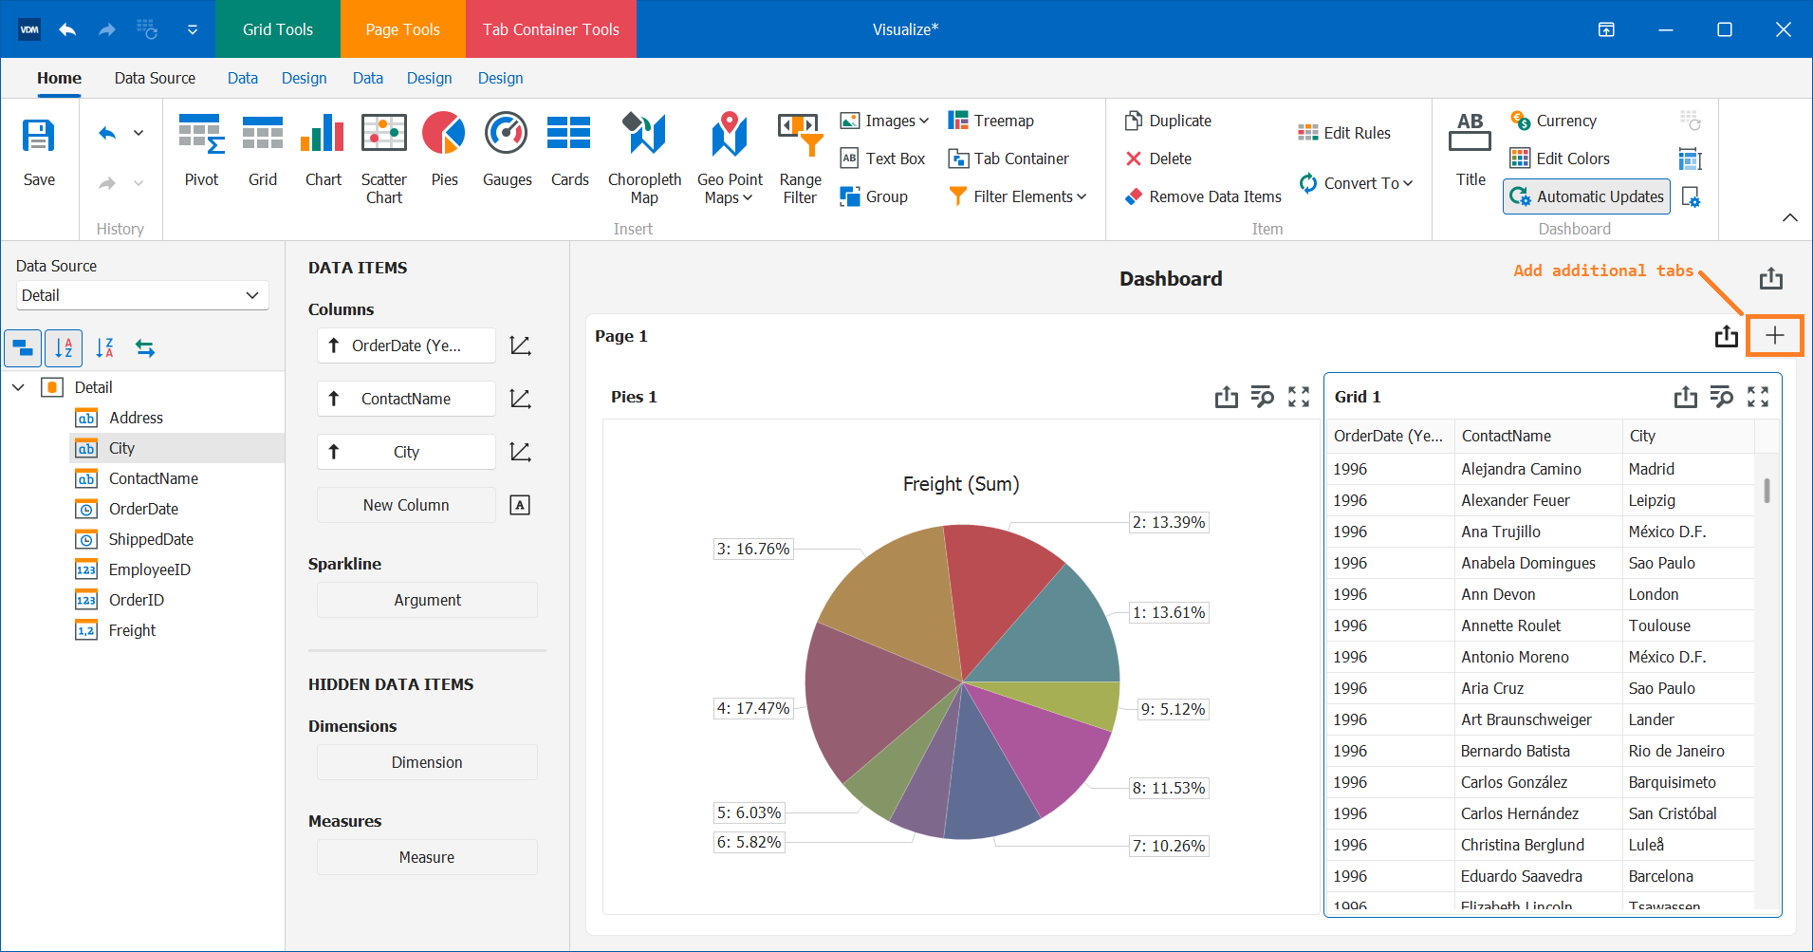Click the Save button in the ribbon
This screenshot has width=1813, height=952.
tap(39, 151)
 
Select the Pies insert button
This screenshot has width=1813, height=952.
tap(444, 151)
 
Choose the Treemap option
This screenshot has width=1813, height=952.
tap(991, 121)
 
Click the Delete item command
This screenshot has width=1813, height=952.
tap(1158, 159)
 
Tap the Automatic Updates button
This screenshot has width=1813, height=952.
tap(1586, 196)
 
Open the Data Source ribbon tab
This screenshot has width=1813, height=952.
tap(155, 78)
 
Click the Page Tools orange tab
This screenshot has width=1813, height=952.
tap(402, 29)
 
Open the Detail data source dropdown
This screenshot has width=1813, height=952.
tap(142, 295)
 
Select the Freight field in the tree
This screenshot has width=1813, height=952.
tap(132, 630)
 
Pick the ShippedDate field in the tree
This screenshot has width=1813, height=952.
tap(151, 539)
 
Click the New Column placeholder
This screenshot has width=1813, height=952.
tap(406, 505)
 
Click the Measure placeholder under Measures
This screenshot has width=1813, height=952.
tap(427, 857)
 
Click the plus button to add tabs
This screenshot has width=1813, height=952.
tap(1774, 335)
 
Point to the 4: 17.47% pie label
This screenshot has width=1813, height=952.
tap(753, 708)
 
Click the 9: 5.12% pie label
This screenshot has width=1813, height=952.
tap(1173, 709)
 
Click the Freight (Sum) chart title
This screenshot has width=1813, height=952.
tap(960, 484)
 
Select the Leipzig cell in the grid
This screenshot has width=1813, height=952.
tap(1652, 500)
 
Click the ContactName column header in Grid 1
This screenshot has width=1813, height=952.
tap(1507, 436)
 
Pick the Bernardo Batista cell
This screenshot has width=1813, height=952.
tap(1515, 751)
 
